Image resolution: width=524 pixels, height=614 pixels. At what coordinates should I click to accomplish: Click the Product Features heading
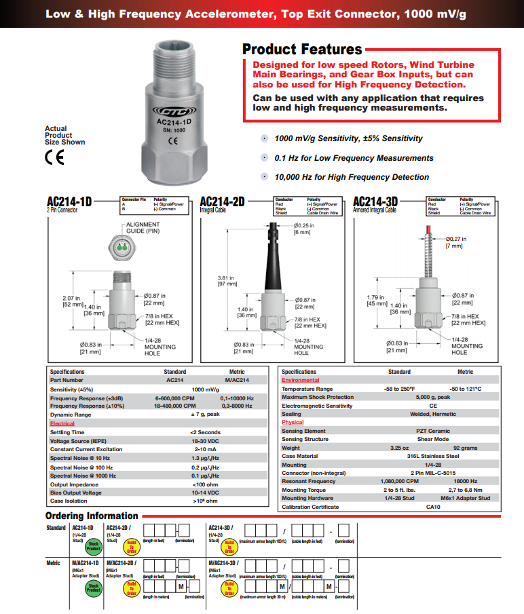coord(302,50)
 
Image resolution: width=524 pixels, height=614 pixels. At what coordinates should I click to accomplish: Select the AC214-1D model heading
coord(69,202)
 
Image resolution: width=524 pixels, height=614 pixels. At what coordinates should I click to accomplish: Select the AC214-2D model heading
coord(222,202)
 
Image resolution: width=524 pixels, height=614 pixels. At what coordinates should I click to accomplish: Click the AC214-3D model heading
coord(375,202)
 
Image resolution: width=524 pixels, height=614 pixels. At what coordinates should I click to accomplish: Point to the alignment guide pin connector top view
coord(122,250)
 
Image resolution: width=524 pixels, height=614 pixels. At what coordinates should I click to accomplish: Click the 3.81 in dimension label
coord(244,279)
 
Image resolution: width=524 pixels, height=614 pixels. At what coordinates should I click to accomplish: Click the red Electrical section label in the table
coord(62,423)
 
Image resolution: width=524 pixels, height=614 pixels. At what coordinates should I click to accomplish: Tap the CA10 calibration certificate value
coord(432,507)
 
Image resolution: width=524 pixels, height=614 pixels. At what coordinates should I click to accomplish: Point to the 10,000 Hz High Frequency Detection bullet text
coord(352,177)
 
